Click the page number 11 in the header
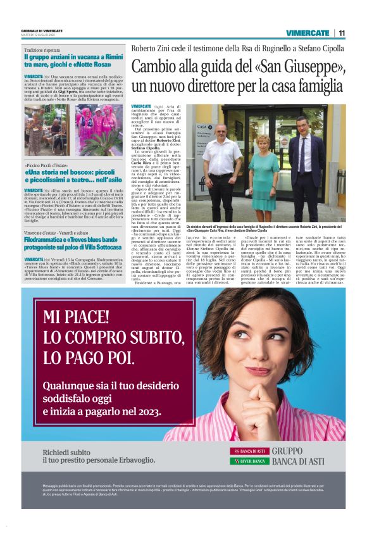pos(341,33)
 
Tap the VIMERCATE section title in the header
pos(308,33)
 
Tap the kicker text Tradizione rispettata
pos(42,50)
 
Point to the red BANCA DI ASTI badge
pos(249,451)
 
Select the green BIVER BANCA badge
pos(249,461)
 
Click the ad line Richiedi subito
pos(69,452)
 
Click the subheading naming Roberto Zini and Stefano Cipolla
pos(239,48)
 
